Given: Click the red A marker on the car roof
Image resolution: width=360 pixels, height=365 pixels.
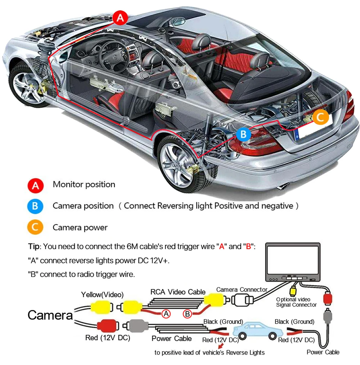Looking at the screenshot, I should [x=120, y=17].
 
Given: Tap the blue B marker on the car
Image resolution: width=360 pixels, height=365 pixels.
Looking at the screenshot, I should [x=244, y=135].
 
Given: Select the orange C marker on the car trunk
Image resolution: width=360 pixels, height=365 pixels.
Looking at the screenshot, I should [x=320, y=117].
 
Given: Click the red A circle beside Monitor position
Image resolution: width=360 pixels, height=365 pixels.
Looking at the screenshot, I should [x=35, y=186].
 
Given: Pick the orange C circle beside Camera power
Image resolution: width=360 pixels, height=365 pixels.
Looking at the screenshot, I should [x=35, y=228].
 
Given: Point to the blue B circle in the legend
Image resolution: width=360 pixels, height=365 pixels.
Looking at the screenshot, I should [x=35, y=206].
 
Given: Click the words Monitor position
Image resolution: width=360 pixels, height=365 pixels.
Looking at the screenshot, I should [x=84, y=185].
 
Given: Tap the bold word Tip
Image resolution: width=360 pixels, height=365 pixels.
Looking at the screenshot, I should [x=35, y=247].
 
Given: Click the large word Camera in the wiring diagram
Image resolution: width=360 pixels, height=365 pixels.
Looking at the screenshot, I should [x=50, y=315].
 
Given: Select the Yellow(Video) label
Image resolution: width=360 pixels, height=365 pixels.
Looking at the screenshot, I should [x=102, y=295].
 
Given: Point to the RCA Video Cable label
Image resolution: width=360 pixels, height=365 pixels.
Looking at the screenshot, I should [x=178, y=292].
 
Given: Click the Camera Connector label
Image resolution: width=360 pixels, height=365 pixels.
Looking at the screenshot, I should [x=242, y=289].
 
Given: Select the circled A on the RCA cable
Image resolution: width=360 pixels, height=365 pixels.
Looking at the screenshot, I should [x=166, y=314].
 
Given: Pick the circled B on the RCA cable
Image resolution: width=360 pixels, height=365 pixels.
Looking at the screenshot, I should [x=187, y=314].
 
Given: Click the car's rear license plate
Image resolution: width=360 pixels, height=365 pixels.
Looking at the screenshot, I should [x=308, y=130].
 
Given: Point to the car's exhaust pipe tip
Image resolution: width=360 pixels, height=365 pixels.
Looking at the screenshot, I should [x=284, y=187].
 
